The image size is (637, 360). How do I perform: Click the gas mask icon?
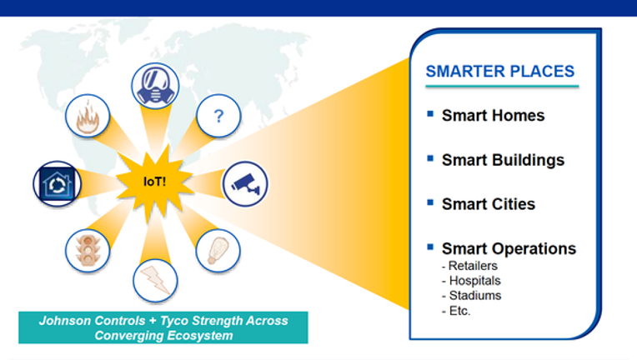click(155, 86)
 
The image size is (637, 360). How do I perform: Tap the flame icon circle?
click(88, 117)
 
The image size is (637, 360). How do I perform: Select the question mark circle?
click(218, 116)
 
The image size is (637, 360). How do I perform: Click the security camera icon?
click(245, 184)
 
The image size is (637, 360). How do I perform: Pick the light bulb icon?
click(218, 251)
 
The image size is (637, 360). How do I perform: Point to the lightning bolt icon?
click(155, 281)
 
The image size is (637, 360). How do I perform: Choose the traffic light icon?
click(88, 251)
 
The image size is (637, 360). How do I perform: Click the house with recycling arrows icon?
click(58, 184)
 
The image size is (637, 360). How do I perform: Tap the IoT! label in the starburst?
click(155, 182)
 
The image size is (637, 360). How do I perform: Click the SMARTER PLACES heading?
click(500, 72)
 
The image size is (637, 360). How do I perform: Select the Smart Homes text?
click(494, 115)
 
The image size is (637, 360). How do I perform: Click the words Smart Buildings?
click(504, 160)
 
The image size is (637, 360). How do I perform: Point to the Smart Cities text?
click(489, 203)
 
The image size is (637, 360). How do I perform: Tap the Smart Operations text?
click(509, 248)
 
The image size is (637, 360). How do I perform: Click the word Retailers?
click(473, 266)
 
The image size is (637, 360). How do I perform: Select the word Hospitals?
click(475, 281)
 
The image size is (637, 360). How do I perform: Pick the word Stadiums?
click(475, 296)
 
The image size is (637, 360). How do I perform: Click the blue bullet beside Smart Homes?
click(430, 113)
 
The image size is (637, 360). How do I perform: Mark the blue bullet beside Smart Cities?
click(430, 202)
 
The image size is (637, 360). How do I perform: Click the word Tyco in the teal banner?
click(174, 321)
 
